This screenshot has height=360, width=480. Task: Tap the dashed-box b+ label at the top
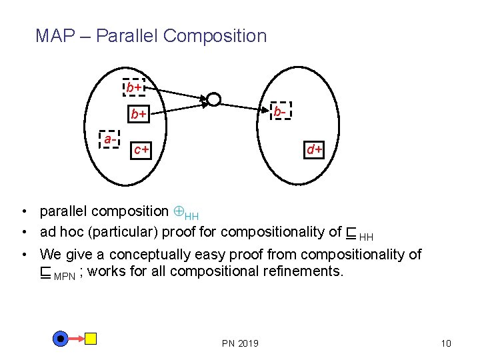tap(135, 87)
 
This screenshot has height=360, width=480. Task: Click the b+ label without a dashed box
tap(138, 115)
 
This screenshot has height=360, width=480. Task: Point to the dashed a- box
tap(108, 139)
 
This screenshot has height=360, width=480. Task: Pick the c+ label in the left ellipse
tap(141, 150)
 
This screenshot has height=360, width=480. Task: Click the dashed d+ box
tap(314, 149)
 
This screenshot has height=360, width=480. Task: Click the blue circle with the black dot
tap(61, 339)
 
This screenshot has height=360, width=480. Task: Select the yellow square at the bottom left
tap(91, 339)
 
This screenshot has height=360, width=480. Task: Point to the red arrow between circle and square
tap(76, 339)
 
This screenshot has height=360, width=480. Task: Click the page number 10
tap(446, 343)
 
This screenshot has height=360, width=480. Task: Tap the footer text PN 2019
tap(240, 343)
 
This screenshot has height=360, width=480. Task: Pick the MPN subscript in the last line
tap(65, 276)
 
